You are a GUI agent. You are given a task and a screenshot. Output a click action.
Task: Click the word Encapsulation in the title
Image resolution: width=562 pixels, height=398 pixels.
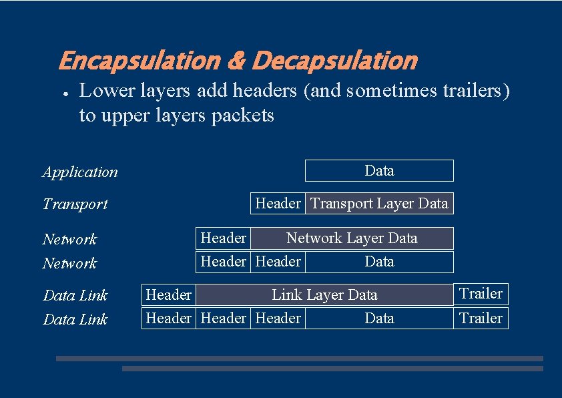(x=139, y=61)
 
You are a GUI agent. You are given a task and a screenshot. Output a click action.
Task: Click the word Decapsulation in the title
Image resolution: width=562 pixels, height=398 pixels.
(x=334, y=61)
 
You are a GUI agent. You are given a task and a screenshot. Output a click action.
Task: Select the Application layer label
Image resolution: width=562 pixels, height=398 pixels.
(x=80, y=172)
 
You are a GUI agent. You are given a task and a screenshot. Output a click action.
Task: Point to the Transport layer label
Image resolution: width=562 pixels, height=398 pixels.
(x=75, y=204)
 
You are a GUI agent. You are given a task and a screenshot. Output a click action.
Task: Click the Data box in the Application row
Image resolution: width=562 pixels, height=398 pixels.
(x=379, y=171)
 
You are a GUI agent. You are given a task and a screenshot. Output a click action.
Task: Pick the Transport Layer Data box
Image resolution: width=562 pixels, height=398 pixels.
(x=379, y=203)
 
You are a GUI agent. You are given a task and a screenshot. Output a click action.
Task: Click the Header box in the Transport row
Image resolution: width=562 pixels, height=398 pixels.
(x=278, y=203)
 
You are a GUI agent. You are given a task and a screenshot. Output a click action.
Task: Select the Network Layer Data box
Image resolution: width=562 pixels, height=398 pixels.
(x=352, y=238)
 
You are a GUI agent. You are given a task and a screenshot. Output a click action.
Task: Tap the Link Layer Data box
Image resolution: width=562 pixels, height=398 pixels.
(x=324, y=295)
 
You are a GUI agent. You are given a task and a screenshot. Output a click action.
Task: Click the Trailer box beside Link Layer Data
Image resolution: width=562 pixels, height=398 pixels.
(x=481, y=294)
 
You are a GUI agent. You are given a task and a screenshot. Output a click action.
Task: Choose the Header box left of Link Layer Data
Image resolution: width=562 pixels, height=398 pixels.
(x=168, y=295)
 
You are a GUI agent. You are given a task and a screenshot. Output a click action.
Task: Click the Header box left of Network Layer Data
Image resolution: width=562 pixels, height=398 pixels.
(x=223, y=238)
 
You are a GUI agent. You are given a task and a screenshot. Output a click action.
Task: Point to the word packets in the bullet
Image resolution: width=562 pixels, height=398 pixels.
(x=242, y=116)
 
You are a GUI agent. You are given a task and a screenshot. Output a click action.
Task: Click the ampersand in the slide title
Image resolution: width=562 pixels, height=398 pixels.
(x=236, y=61)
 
